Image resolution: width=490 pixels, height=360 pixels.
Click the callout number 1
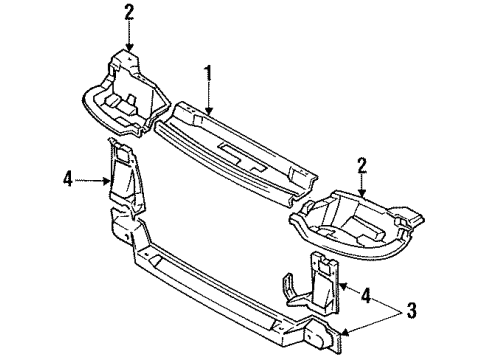(209, 71)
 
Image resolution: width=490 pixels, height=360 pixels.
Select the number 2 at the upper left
(129, 12)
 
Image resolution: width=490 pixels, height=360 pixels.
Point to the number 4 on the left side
(68, 181)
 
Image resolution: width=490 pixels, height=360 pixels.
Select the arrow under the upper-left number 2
(129, 38)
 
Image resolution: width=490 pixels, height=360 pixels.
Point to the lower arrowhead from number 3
(345, 331)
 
